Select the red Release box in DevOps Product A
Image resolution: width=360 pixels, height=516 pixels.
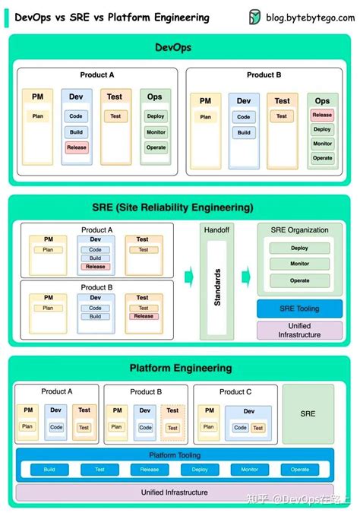tap(76, 147)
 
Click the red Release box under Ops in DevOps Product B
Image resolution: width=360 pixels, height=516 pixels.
tap(322, 116)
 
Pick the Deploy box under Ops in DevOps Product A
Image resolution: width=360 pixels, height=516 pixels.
tap(156, 116)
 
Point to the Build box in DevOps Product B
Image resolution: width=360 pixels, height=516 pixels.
tap(244, 132)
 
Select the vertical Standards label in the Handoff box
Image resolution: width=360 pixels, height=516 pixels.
tap(217, 287)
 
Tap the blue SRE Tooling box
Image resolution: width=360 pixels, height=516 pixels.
tap(299, 309)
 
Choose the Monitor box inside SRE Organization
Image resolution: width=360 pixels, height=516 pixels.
tap(299, 264)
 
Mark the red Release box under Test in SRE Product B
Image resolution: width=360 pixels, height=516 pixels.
tap(143, 316)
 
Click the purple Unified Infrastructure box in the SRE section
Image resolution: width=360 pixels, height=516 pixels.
tap(299, 331)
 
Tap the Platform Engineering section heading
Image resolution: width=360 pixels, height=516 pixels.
tap(180, 368)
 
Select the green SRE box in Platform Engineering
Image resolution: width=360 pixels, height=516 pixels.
tap(308, 413)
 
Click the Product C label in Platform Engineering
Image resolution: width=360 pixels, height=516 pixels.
tap(235, 392)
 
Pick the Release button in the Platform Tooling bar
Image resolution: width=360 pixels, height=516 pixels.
tap(150, 470)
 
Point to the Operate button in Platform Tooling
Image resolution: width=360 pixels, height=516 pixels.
tap(300, 470)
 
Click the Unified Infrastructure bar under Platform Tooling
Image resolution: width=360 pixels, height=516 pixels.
tap(175, 492)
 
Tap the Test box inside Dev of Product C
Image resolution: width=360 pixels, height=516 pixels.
tap(258, 428)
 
